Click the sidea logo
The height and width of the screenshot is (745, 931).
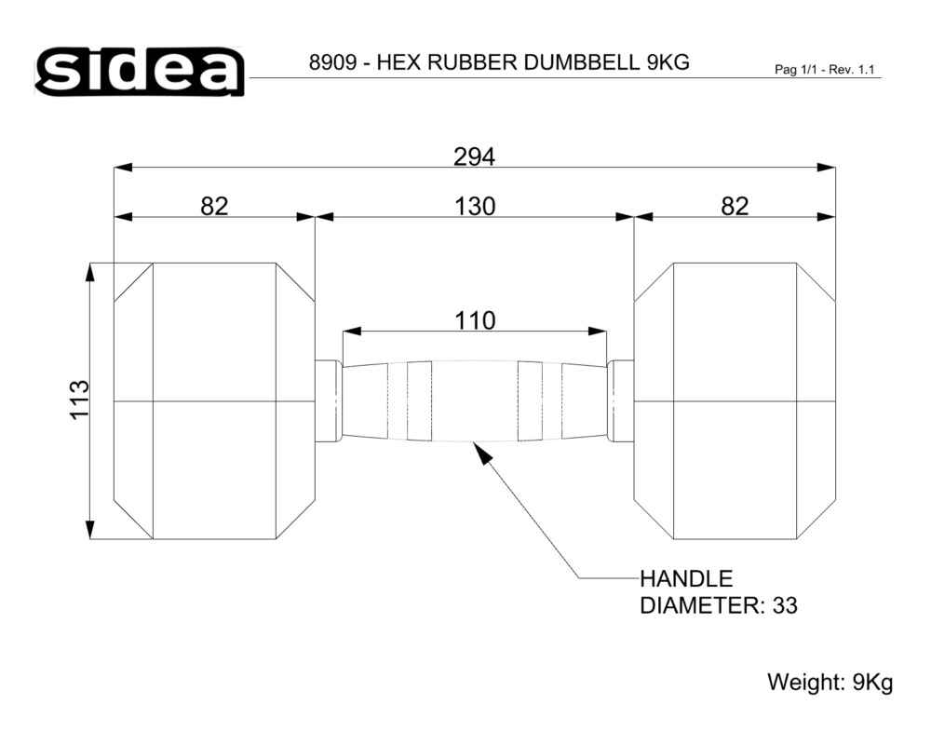click(x=140, y=72)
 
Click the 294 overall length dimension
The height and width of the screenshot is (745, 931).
click(x=474, y=156)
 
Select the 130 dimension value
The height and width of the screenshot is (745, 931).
click(x=475, y=207)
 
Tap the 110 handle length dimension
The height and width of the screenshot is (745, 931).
click(x=475, y=320)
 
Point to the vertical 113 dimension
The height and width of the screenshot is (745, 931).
click(x=79, y=400)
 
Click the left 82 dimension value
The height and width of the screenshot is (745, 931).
click(x=214, y=207)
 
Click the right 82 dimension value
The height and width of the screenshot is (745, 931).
click(x=735, y=207)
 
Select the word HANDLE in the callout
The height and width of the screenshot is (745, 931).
click(x=686, y=578)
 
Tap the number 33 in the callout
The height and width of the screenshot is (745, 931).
click(x=784, y=606)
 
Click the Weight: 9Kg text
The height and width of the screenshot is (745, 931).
click(x=830, y=682)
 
